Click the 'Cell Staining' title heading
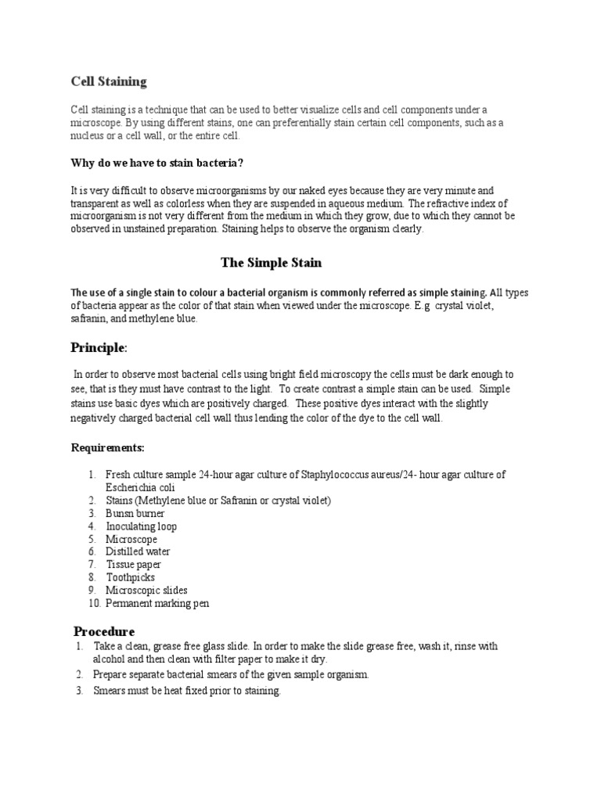point(109,81)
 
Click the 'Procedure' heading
point(104,630)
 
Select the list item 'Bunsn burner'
point(135,513)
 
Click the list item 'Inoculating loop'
point(142,526)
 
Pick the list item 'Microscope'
point(131,539)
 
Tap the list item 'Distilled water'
point(139,551)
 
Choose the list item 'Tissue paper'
point(133,565)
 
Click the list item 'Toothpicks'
point(131,577)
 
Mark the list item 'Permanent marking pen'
point(157,603)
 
